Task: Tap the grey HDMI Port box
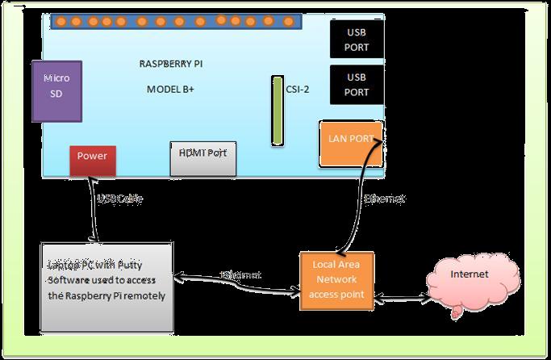[202, 157]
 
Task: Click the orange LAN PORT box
[351, 143]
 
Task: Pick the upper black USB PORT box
[357, 40]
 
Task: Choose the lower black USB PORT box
[357, 85]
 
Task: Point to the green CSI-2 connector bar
[277, 111]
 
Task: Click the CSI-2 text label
[297, 90]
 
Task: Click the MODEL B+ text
[170, 90]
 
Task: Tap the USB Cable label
[120, 199]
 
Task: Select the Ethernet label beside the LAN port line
[384, 199]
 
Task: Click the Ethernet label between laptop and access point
[240, 275]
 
